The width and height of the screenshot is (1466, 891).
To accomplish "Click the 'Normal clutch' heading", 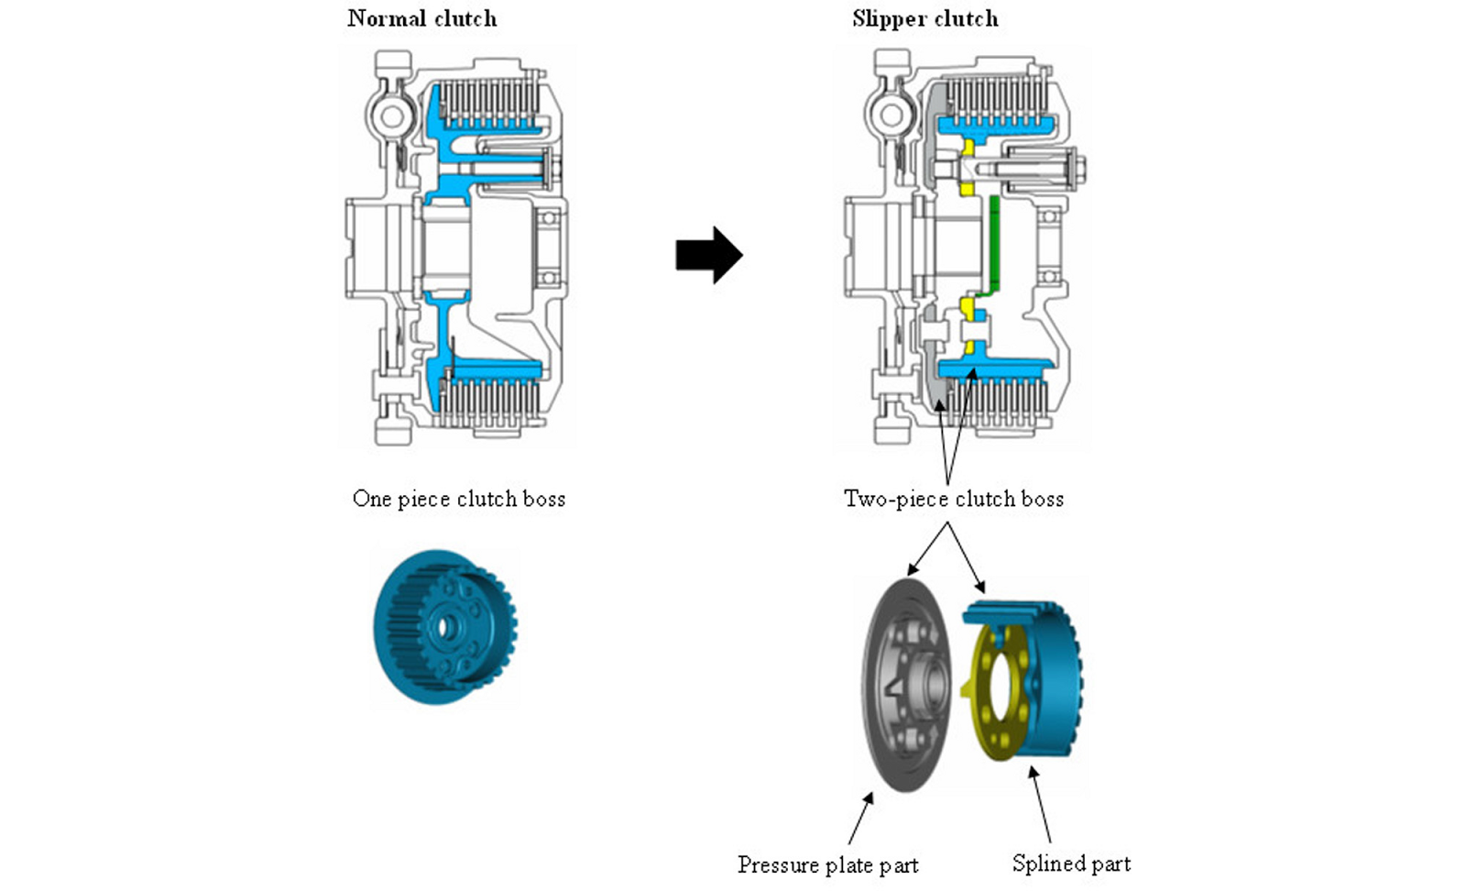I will tap(421, 18).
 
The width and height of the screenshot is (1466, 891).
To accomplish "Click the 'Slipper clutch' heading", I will tap(924, 18).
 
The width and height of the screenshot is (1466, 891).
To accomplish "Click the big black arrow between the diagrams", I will tap(708, 255).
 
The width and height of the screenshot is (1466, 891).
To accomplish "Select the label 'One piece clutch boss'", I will tap(458, 499).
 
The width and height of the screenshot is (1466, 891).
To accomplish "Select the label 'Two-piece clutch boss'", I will tap(953, 499).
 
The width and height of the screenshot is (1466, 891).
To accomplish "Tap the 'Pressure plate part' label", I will tap(827, 864).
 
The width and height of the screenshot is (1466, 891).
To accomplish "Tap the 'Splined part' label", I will tap(1071, 863).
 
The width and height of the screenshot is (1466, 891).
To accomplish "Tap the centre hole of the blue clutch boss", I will tap(446, 628).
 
